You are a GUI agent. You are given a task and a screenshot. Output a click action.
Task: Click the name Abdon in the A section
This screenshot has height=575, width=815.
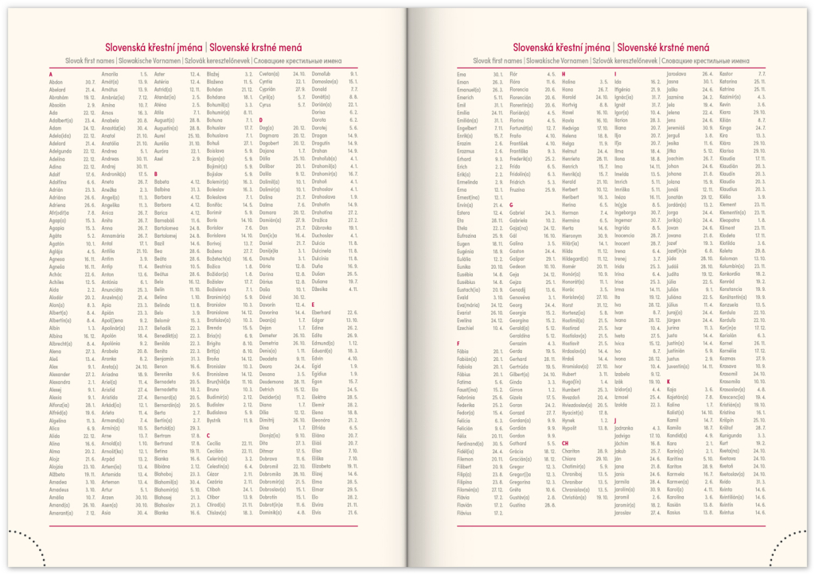[x=56, y=82]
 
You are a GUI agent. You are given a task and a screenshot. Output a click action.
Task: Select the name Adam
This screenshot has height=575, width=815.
[x=56, y=127]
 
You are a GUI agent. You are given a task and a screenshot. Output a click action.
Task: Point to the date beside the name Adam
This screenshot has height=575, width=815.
[x=89, y=127]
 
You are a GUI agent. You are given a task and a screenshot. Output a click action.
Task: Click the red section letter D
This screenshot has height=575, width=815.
[x=260, y=119]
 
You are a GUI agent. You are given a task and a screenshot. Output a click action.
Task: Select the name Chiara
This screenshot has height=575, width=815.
[x=569, y=458]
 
